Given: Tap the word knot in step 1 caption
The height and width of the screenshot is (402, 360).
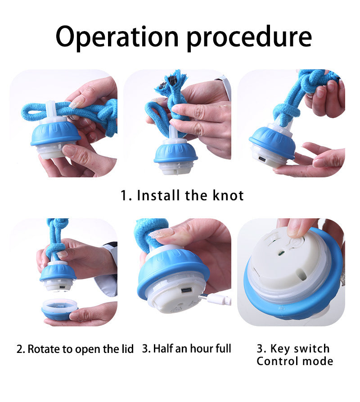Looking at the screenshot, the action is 228,195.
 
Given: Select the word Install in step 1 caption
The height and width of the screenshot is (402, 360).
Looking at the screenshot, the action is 158,195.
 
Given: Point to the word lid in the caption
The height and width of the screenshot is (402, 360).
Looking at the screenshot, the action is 127,349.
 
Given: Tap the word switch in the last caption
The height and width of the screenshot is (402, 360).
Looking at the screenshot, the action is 311,349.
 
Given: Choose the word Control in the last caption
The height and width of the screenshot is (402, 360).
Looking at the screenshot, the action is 277,361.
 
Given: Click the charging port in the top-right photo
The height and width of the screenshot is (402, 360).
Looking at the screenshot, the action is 262,159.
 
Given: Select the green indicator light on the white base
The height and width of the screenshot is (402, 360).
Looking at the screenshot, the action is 280,253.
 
